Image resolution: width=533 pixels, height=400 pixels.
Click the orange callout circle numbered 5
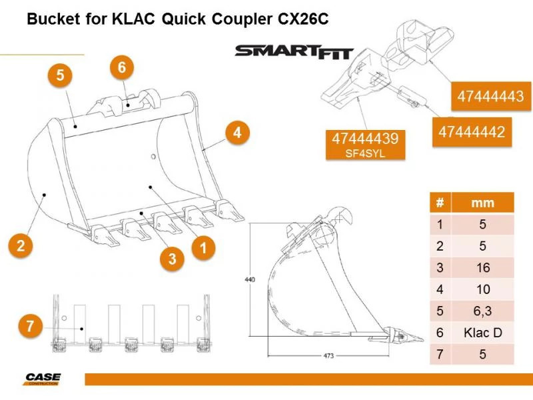pyautogui.click(x=60, y=76)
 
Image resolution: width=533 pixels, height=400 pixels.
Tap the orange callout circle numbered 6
pyautogui.click(x=121, y=67)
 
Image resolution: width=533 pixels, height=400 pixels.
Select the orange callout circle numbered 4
pyautogui.click(x=237, y=133)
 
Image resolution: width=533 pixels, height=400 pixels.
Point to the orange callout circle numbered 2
pyautogui.click(x=21, y=245)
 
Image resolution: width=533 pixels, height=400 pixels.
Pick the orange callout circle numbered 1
pyautogui.click(x=203, y=248)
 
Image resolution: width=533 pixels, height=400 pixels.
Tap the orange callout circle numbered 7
pyautogui.click(x=29, y=326)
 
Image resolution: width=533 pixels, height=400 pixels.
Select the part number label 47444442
pyautogui.click(x=471, y=133)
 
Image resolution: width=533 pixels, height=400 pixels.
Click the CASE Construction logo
pyautogui.click(x=43, y=379)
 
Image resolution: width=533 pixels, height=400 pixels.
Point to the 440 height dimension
pyautogui.click(x=249, y=279)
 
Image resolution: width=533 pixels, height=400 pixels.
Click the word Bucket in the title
pyautogui.click(x=51, y=19)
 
